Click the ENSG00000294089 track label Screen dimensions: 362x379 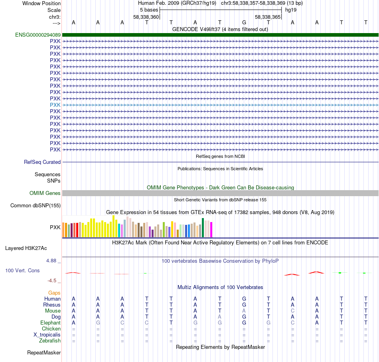pos(38,35)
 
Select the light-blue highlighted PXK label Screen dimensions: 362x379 pos(55,105)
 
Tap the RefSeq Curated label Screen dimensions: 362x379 pos(42,162)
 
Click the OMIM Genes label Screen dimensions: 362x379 pos(45,193)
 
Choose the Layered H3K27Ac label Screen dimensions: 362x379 pos(26,248)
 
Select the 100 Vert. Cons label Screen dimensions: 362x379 pos(22,271)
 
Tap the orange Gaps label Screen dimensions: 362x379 pos(54,293)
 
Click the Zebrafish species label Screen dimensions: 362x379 pos(50,341)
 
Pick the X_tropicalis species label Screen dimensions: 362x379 pos(47,335)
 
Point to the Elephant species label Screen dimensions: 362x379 pos(50,323)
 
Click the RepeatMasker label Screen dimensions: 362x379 pos(44,353)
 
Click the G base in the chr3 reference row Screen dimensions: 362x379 pos(244,23)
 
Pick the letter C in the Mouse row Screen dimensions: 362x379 pos(293,311)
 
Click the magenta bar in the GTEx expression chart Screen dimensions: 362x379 pos(211,230)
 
